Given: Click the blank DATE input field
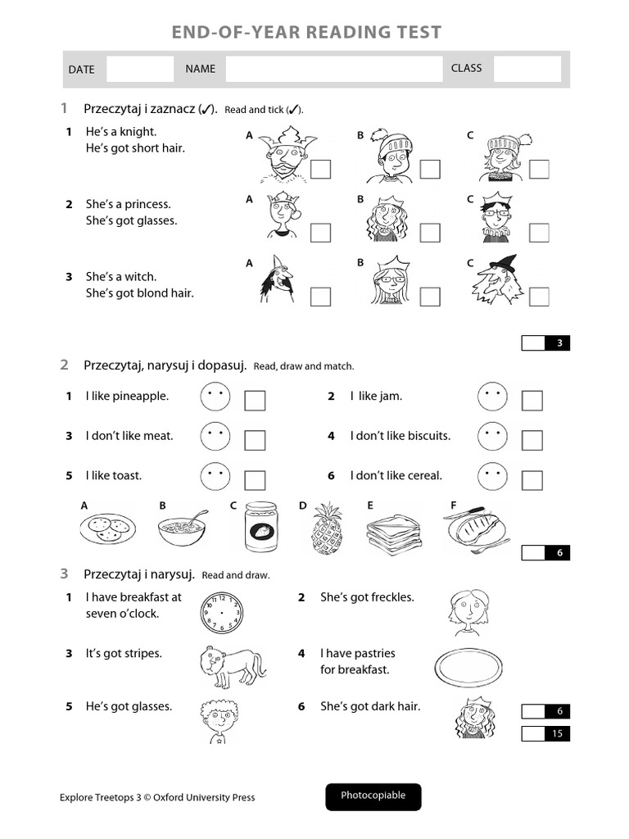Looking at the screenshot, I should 140,69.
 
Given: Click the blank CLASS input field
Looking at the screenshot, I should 527,69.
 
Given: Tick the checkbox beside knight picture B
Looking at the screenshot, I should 430,170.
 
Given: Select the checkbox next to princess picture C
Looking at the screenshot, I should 539,233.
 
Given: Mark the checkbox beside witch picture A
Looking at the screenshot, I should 320,297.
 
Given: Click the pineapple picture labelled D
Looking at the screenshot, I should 326,528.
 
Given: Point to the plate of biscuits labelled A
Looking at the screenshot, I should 106,528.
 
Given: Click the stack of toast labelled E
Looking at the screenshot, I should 393,531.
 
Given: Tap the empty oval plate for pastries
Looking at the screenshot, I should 467,668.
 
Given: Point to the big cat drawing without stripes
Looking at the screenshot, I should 231,666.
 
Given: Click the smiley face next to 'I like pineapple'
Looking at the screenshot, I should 215,398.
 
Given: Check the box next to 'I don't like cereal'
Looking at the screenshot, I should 532,480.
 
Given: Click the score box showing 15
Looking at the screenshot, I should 545,733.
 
